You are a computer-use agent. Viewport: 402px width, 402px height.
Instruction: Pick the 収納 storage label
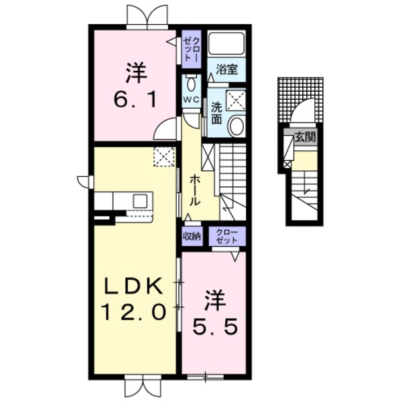[192, 236]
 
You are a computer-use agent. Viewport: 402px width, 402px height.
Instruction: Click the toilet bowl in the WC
[191, 84]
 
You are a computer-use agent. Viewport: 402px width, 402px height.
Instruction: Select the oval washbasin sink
[235, 125]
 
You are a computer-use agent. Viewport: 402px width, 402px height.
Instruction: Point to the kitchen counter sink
[140, 200]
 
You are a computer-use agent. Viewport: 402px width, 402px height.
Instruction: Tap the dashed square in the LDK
[163, 157]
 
